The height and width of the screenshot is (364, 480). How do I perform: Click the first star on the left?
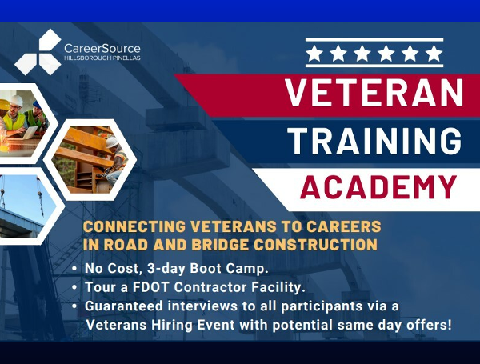coord(315,54)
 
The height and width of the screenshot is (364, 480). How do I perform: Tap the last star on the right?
coord(433,54)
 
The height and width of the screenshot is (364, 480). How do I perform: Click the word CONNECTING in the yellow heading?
coord(134,226)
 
